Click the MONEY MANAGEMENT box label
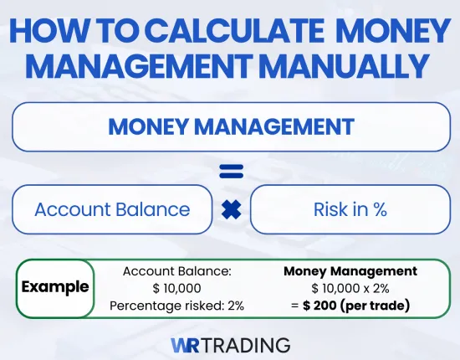(231, 127)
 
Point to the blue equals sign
(231, 172)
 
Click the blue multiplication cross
(231, 209)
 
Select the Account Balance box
(111, 209)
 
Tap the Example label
(55, 287)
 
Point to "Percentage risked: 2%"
(176, 306)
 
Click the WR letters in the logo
(187, 344)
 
